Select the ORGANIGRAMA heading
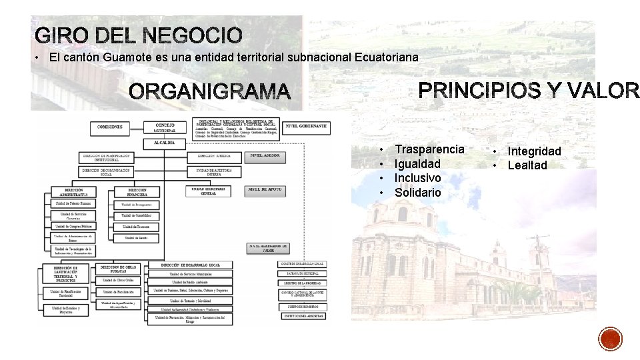[x=210, y=92]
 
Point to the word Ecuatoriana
[x=383, y=57]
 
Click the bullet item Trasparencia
[x=429, y=149]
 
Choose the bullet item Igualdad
[x=417, y=163]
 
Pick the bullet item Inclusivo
[x=417, y=178]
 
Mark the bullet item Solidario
[x=417, y=193]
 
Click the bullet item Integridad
[x=534, y=151]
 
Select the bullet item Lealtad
[x=527, y=165]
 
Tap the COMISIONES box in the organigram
[x=110, y=126]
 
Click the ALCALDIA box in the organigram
[x=165, y=142]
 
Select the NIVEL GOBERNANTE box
[x=306, y=125]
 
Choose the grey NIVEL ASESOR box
[x=266, y=156]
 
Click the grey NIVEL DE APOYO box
[x=265, y=190]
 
